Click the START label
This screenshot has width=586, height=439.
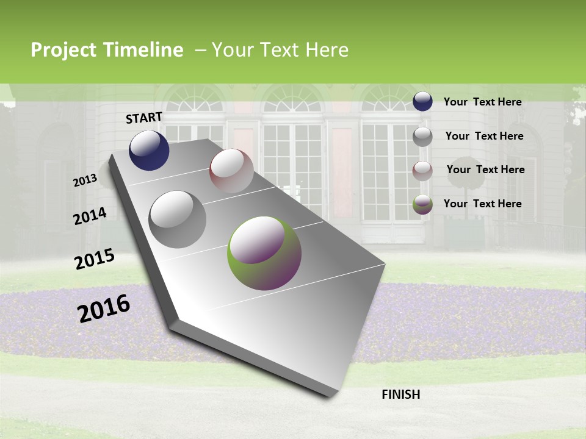click(144, 118)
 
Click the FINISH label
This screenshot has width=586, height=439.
click(400, 394)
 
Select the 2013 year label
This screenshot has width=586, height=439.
click(85, 180)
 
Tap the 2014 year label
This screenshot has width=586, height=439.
click(90, 216)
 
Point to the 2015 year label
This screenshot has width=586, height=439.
click(95, 259)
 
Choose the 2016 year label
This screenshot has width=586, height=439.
click(104, 308)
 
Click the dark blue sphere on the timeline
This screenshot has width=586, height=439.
click(149, 150)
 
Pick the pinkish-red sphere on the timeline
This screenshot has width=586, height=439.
click(231, 170)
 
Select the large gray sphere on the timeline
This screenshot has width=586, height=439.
click(178, 219)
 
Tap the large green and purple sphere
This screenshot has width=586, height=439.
click(264, 253)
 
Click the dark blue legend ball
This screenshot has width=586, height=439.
click(422, 101)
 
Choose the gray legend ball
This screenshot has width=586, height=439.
click(422, 137)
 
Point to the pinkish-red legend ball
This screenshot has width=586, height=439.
click(422, 170)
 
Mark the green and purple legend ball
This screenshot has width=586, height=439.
click(422, 204)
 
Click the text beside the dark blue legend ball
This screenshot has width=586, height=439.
click(482, 102)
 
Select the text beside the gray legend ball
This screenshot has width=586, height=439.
click(484, 136)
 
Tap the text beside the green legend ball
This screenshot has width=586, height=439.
click(482, 204)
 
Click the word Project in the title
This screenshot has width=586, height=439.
click(63, 50)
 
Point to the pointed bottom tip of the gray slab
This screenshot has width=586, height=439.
click(330, 396)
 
